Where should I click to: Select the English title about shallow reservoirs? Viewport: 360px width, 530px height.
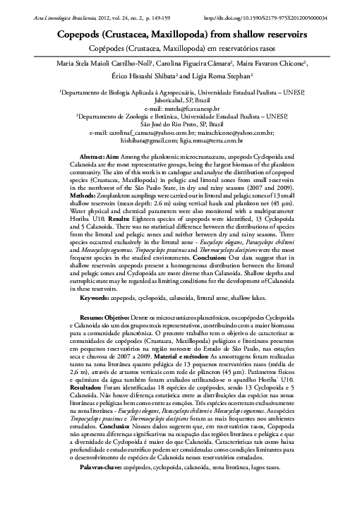pyautogui.click(x=180, y=34)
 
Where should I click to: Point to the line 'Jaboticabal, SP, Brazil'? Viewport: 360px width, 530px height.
pyautogui.click(x=180, y=101)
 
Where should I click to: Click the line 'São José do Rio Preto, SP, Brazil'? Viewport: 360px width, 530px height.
pyautogui.click(x=180, y=124)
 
